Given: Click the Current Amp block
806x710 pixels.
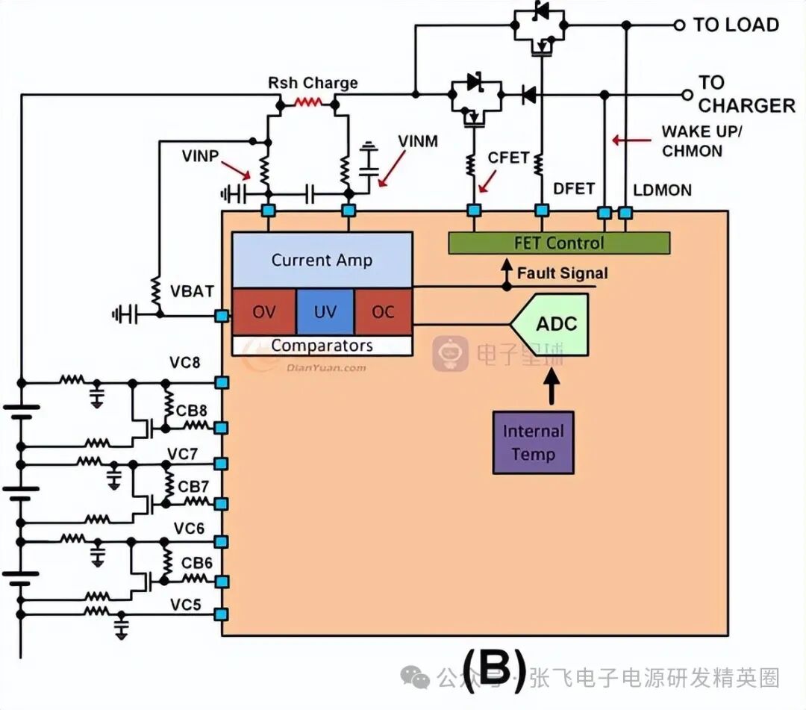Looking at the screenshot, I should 322,260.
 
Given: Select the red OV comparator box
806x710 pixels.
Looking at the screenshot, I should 263,312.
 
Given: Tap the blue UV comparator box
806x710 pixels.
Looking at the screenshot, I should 325,312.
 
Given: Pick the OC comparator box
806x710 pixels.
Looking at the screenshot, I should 383,312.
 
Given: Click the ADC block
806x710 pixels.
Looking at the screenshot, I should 556,324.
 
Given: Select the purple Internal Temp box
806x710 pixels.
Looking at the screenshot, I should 533,442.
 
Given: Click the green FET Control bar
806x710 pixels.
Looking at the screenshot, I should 558,243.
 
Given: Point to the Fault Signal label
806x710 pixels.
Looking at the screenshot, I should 562,273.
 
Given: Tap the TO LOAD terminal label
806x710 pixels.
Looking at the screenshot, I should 736,25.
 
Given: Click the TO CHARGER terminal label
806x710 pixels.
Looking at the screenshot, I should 746,94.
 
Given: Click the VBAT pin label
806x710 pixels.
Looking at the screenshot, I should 192,291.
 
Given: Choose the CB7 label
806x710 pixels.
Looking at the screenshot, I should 193,486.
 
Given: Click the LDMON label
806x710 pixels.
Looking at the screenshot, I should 662,190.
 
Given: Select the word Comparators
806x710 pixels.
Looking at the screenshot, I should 322,346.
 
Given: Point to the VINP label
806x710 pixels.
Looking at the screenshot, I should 200,156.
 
